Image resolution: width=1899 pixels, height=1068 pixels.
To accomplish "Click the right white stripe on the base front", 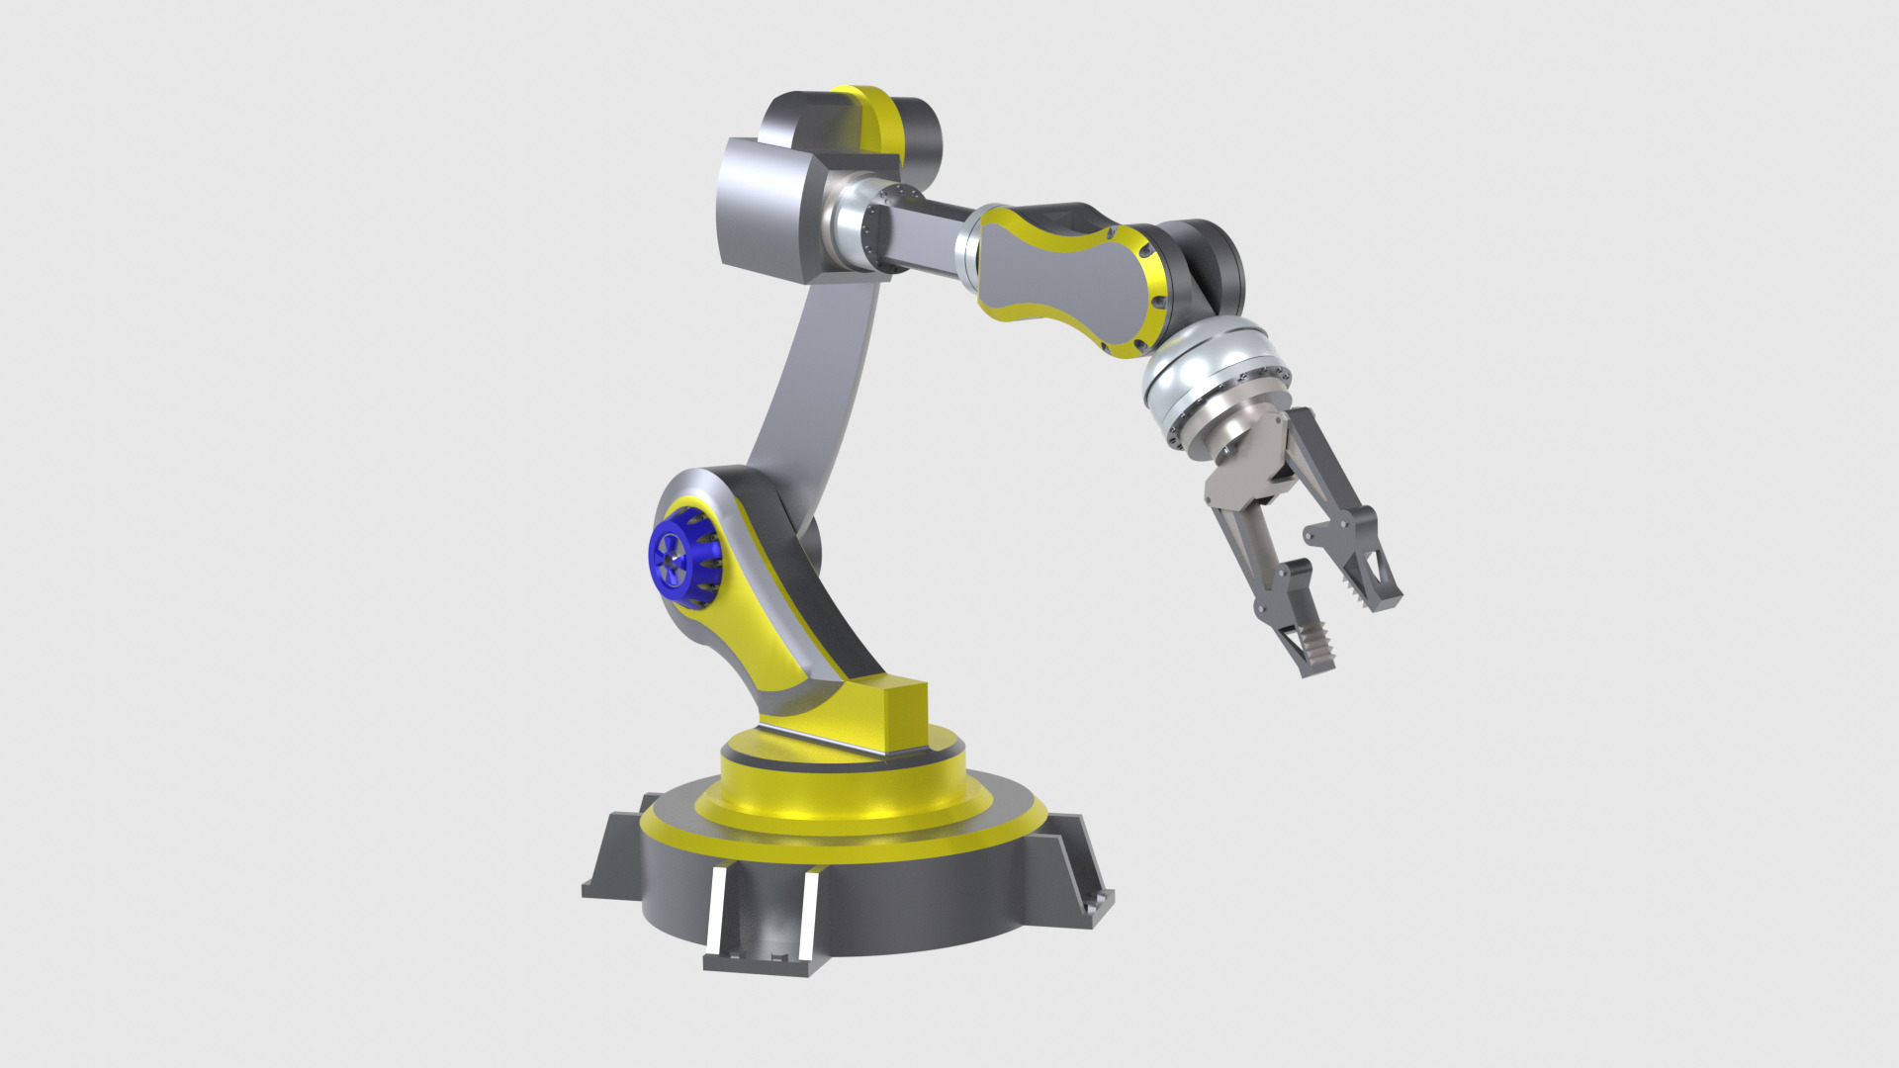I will click(x=809, y=910).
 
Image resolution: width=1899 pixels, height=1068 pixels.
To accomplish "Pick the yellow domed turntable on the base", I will click(x=841, y=791).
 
